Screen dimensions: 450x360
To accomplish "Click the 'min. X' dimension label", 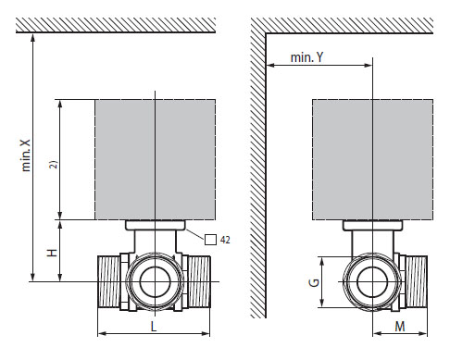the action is (26, 155).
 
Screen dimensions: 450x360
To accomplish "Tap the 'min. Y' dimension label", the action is (306, 57).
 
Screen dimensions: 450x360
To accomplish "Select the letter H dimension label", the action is (52, 253).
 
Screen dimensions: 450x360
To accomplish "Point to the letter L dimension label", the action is (154, 327).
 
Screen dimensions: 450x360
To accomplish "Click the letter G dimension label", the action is (314, 282).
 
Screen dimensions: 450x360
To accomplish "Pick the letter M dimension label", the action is (400, 327).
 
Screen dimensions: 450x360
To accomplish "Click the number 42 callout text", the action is (225, 240).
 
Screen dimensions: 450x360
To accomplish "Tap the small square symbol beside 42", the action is (210, 240).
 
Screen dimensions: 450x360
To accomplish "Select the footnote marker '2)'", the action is (54, 165).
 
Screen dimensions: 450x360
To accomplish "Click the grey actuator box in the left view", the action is (156, 159).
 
